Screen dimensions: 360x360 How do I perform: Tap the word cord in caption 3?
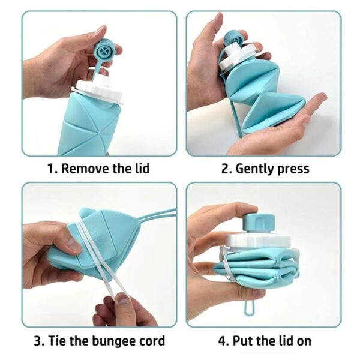click(149, 341)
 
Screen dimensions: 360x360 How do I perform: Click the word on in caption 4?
click(303, 341)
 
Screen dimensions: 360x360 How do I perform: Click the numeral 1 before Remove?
click(51, 168)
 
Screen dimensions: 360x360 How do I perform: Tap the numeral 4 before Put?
click(222, 341)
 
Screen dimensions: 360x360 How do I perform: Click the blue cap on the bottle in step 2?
click(233, 40)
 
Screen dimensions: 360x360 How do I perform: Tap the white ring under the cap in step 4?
click(262, 238)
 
